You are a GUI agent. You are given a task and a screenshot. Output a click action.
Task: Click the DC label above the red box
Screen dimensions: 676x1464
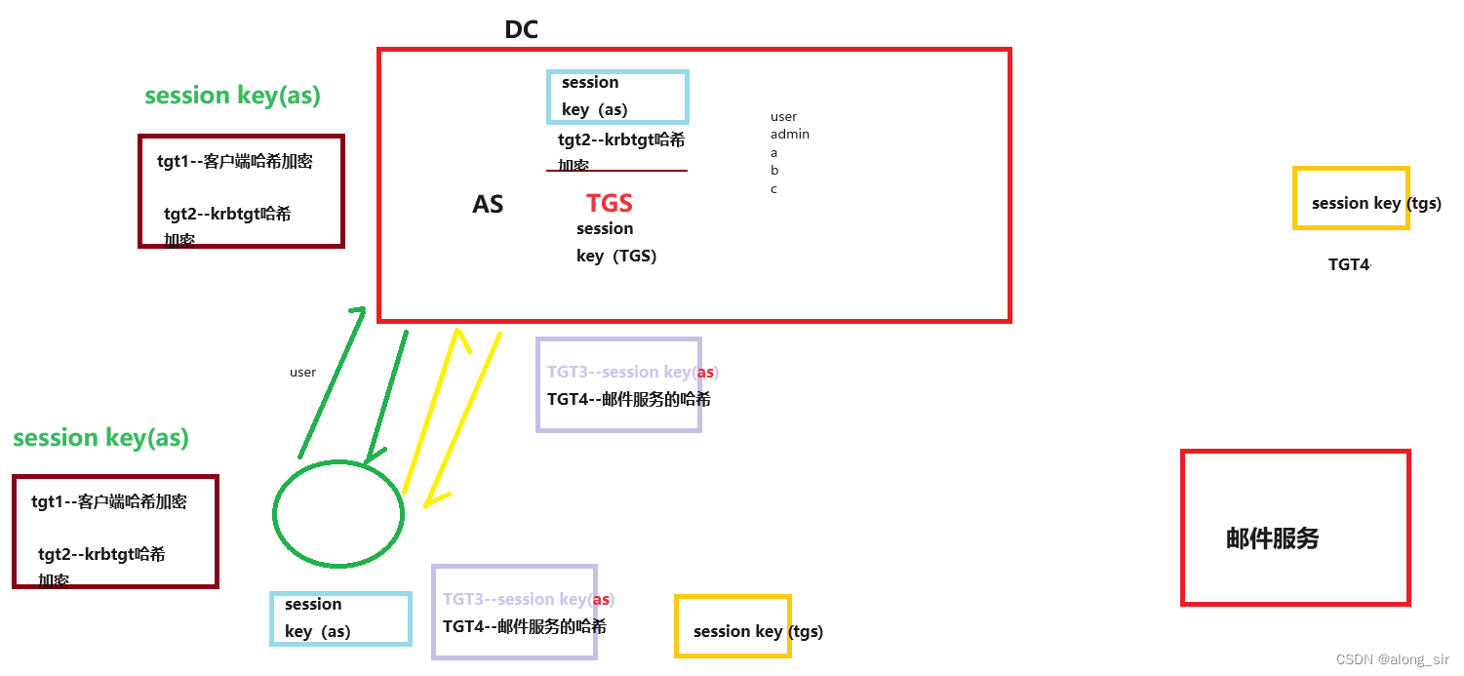click(x=521, y=29)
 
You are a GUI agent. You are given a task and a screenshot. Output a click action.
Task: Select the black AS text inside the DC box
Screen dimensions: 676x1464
click(x=488, y=204)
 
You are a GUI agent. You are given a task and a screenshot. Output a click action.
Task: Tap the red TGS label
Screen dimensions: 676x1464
click(x=610, y=203)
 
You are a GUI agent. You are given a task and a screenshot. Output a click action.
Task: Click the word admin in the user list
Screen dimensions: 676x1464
click(x=790, y=135)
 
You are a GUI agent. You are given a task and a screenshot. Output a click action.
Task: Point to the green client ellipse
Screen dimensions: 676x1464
click(x=337, y=514)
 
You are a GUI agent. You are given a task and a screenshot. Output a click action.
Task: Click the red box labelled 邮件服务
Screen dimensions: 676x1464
click(x=1295, y=528)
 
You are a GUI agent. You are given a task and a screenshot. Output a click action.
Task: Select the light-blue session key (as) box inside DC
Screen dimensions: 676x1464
click(x=618, y=96)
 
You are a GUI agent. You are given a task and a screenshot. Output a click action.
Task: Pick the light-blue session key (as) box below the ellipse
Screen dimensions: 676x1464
click(x=340, y=618)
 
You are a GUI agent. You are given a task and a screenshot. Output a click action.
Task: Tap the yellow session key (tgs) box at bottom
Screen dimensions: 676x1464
click(x=732, y=626)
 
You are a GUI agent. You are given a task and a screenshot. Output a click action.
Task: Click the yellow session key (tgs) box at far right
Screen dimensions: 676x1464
click(x=1351, y=198)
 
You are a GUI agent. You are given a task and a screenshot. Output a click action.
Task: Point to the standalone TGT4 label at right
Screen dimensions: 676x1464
click(x=1349, y=264)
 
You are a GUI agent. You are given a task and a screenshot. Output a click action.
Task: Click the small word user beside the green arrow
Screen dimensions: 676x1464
click(x=302, y=372)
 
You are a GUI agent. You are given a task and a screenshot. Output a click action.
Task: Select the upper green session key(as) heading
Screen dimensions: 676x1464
click(x=232, y=96)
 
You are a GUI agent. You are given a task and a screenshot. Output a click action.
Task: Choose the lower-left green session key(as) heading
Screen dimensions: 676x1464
click(x=100, y=438)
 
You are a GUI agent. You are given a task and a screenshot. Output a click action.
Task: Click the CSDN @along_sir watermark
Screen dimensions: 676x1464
click(x=1392, y=659)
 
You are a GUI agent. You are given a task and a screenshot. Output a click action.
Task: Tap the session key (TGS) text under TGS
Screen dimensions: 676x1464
click(x=615, y=242)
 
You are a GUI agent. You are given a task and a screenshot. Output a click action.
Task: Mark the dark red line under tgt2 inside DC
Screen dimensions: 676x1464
click(x=616, y=171)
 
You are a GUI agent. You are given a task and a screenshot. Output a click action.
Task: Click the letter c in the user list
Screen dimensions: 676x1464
click(x=773, y=189)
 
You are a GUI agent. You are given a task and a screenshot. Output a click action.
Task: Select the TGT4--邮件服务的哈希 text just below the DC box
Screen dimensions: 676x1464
click(x=628, y=399)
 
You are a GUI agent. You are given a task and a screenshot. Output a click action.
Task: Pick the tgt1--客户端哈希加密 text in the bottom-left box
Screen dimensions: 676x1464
click(x=108, y=502)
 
